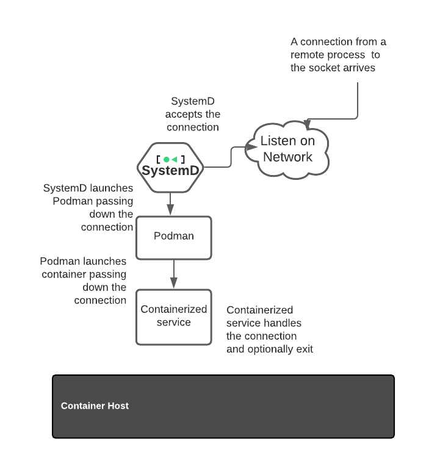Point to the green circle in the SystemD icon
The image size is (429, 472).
[x=167, y=159]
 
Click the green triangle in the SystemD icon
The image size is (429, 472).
[x=174, y=159]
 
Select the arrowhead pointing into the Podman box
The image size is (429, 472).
[x=170, y=210]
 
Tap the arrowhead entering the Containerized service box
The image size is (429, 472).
[x=174, y=283]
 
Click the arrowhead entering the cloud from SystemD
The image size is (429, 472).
[x=251, y=147]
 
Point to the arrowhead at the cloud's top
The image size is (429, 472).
[x=307, y=124]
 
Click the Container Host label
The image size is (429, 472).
[x=95, y=406]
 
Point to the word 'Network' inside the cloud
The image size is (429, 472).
[x=287, y=157]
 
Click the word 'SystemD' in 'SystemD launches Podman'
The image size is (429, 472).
[x=65, y=188]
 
